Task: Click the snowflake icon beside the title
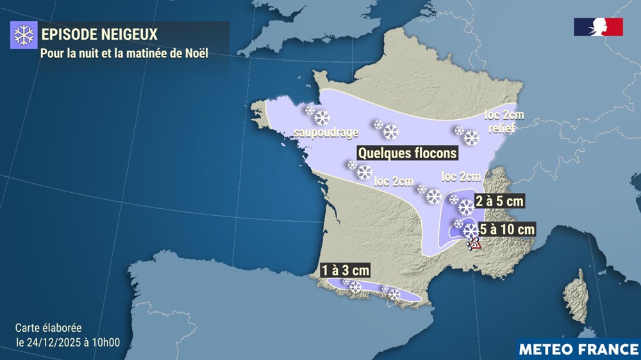pyautogui.click(x=23, y=35)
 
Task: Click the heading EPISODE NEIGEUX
pyautogui.click(x=99, y=33)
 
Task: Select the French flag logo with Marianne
pyautogui.click(x=598, y=27)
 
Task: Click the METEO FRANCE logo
pyautogui.click(x=578, y=349)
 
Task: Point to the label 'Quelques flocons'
pyautogui.click(x=407, y=153)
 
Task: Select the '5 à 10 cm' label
pyautogui.click(x=508, y=228)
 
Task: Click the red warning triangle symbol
pyautogui.click(x=475, y=243)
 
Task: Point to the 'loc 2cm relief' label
pyautogui.click(x=500, y=122)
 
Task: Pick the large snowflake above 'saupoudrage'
pyautogui.click(x=322, y=118)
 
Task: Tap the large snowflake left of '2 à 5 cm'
pyautogui.click(x=466, y=206)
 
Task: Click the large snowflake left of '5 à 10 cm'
pyautogui.click(x=471, y=230)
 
